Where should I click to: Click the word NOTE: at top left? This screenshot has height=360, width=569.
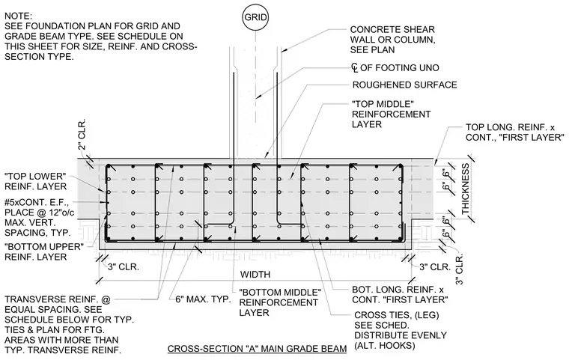pyautogui.click(x=19, y=16)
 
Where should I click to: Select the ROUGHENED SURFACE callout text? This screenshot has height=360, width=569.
pyautogui.click(x=404, y=85)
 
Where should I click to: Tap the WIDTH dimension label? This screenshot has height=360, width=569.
pyautogui.click(x=255, y=275)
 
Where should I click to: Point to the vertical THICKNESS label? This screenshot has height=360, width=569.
pyautogui.click(x=466, y=189)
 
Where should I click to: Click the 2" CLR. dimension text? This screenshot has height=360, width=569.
pyautogui.click(x=82, y=134)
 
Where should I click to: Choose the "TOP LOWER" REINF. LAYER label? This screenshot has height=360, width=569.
pyautogui.click(x=36, y=181)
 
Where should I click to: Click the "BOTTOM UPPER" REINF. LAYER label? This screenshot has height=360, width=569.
pyautogui.click(x=44, y=252)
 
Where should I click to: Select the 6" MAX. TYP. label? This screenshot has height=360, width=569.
pyautogui.click(x=203, y=299)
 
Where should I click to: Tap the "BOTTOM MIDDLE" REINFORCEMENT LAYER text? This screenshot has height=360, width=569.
pyautogui.click(x=280, y=302)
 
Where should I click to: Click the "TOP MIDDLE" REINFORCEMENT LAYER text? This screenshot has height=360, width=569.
pyautogui.click(x=391, y=114)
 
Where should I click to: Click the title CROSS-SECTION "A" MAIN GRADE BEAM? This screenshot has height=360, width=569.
pyautogui.click(x=257, y=349)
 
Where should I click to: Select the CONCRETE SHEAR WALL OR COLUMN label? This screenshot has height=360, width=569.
pyautogui.click(x=392, y=40)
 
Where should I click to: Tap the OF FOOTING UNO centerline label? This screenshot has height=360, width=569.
pyautogui.click(x=395, y=68)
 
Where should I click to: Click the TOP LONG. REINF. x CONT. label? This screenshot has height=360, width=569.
pyautogui.click(x=515, y=132)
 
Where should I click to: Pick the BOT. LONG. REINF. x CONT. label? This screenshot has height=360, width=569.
pyautogui.click(x=400, y=295)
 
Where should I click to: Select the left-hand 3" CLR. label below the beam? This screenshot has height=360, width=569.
pyautogui.click(x=124, y=267)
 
